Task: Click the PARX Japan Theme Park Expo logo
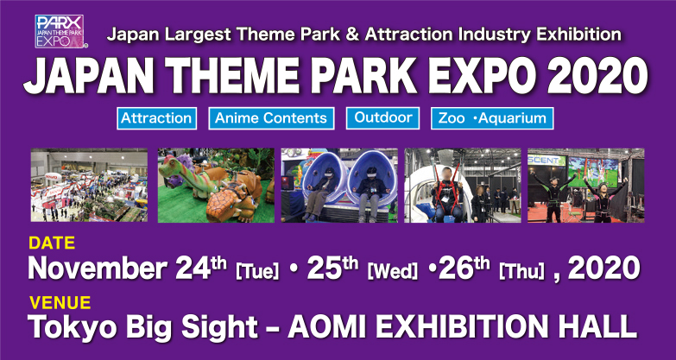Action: pyautogui.click(x=60, y=31)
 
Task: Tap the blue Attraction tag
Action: pyautogui.click(x=156, y=118)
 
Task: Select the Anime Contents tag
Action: pyautogui.click(x=271, y=118)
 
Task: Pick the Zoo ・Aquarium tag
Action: pyautogui.click(x=492, y=118)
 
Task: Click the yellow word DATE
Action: pyautogui.click(x=52, y=243)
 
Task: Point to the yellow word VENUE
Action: pyautogui.click(x=60, y=303)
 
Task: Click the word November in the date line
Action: pyautogui.click(x=97, y=268)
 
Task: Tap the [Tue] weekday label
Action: pyautogui.click(x=257, y=272)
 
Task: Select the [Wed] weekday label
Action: pyautogui.click(x=392, y=272)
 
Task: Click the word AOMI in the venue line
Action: pyautogui.click(x=332, y=327)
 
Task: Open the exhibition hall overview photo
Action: pyautogui.click(x=89, y=186)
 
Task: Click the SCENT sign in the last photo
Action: pyautogui.click(x=546, y=160)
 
